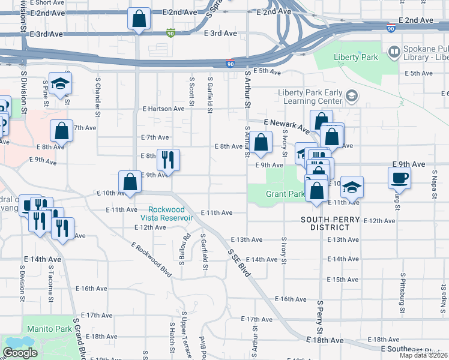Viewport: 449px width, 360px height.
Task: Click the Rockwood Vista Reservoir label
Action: click(x=166, y=214)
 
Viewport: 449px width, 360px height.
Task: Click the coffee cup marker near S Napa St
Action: click(x=399, y=177)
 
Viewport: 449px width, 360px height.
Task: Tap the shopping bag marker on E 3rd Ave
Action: click(x=139, y=19)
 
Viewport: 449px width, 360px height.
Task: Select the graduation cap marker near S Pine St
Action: click(x=60, y=84)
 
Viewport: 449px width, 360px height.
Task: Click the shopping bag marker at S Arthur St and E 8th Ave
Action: click(x=261, y=143)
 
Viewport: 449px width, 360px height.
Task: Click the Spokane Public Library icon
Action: click(x=394, y=52)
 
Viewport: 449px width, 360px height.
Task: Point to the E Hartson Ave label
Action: click(x=163, y=109)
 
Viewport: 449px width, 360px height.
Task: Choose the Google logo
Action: click(x=20, y=353)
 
